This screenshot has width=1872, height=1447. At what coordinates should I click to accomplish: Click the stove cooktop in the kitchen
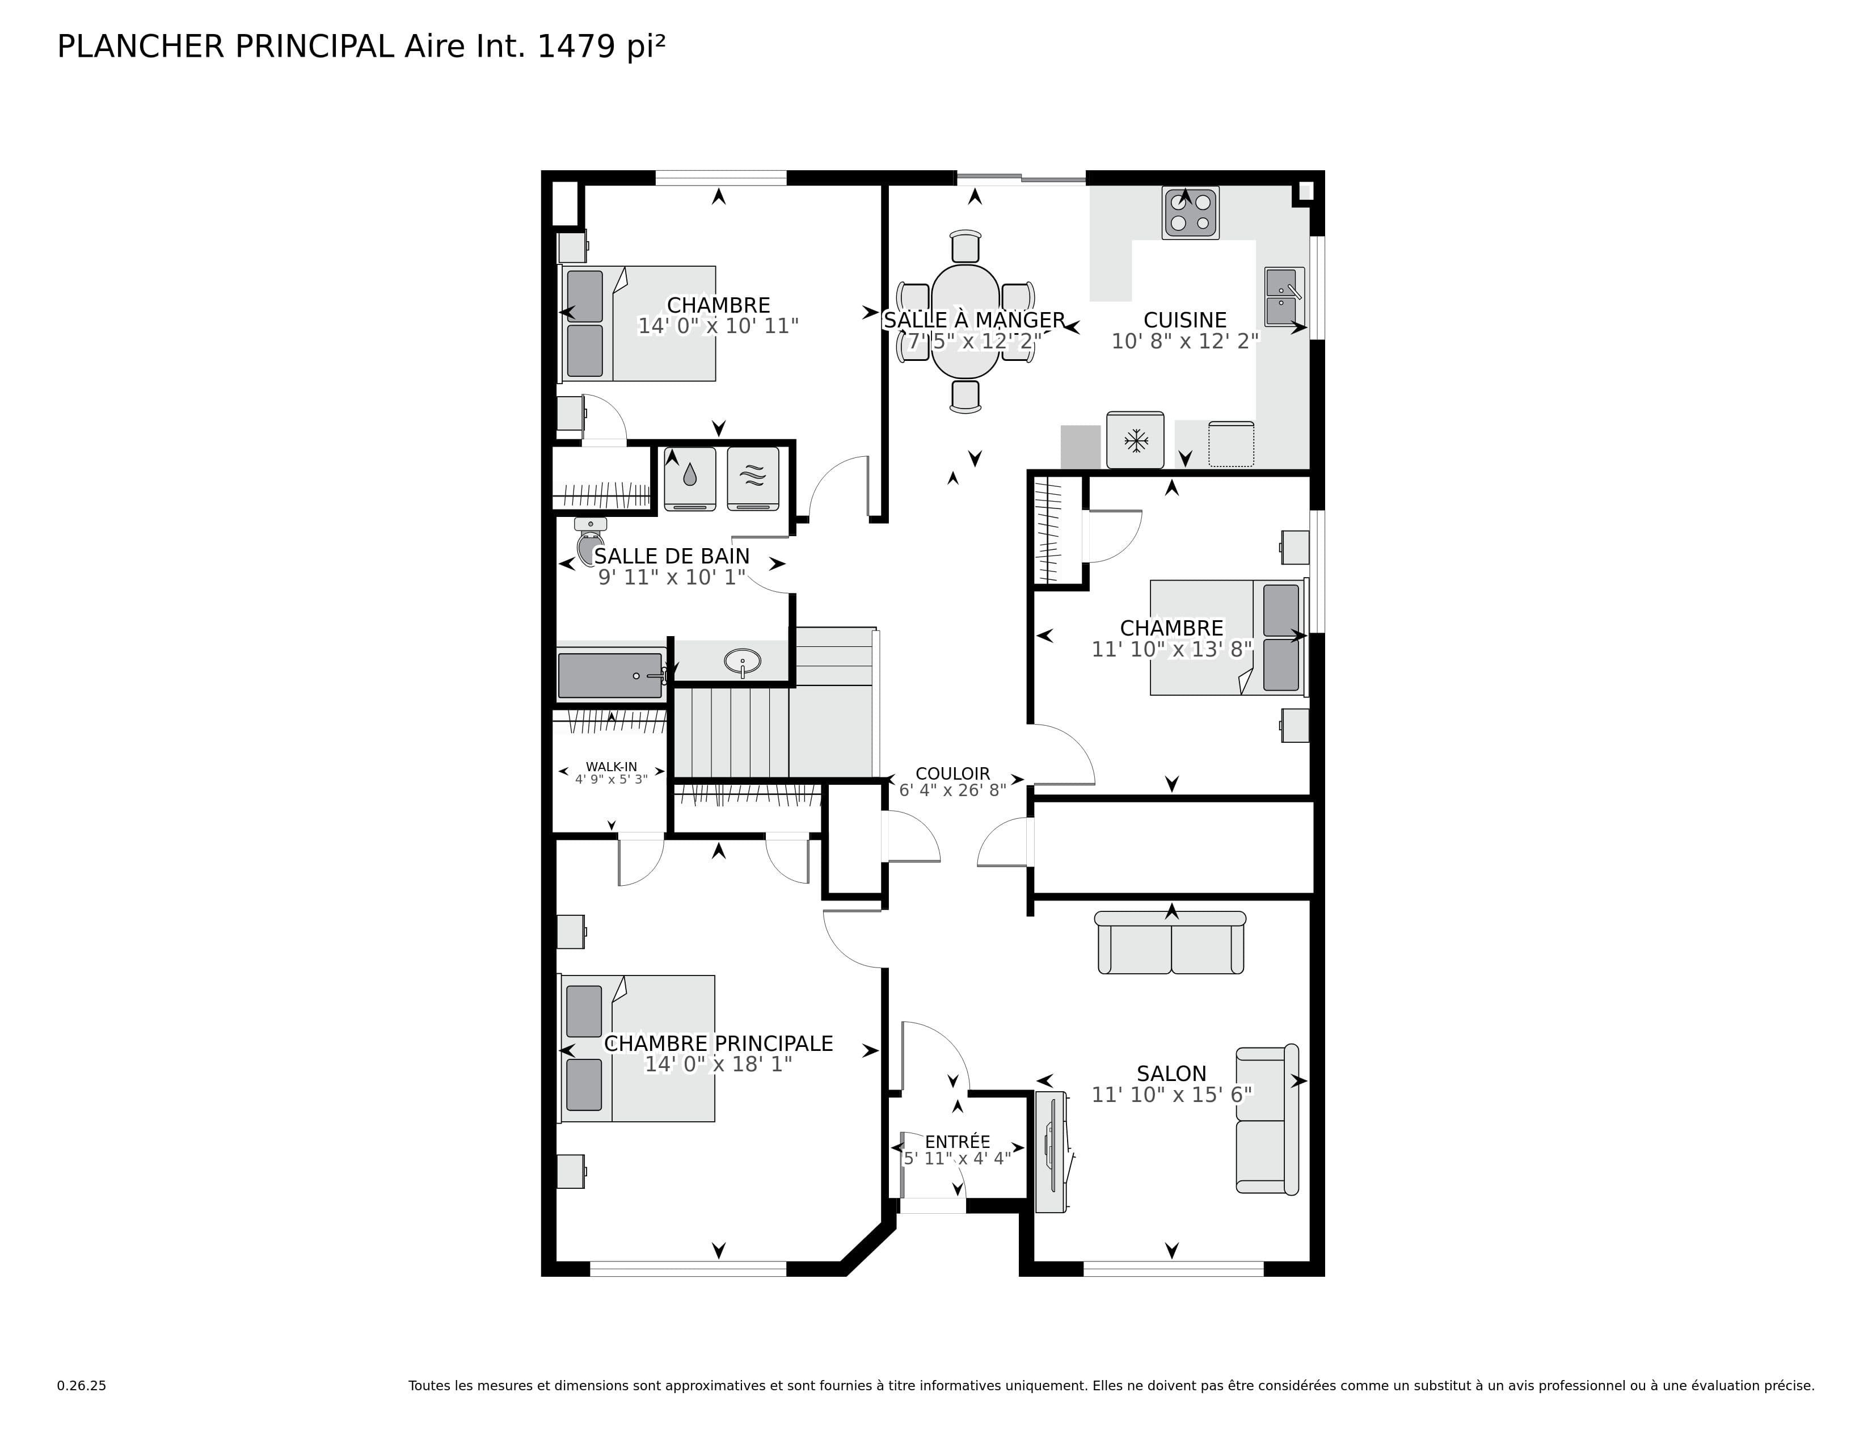pos(1191,213)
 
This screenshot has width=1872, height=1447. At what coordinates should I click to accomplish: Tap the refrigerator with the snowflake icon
pos(1135,440)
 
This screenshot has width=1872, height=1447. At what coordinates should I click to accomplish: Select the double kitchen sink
pos(1283,297)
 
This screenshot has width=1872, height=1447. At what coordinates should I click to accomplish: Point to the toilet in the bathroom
pos(590,541)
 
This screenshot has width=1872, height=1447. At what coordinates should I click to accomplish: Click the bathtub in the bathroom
pos(610,675)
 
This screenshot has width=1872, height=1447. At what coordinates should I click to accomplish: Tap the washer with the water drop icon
pos(690,478)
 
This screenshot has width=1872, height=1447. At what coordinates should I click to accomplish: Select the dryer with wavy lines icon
pos(753,478)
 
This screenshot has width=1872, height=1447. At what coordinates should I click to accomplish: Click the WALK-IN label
pos(611,767)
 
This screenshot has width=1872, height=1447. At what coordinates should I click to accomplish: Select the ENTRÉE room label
pos(958,1142)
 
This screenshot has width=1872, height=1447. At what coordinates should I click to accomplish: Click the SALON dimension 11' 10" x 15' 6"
pos(1172,1094)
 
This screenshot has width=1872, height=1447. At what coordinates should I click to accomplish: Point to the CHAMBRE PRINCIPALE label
pos(718,1043)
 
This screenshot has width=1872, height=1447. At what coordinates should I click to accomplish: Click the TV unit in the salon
pos(1050,1151)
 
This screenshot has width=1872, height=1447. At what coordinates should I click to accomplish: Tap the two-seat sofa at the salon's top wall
pos(1171,943)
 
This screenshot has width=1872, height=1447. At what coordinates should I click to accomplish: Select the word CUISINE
pos(1184,319)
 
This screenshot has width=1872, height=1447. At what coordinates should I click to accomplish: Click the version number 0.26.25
pos(82,1385)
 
